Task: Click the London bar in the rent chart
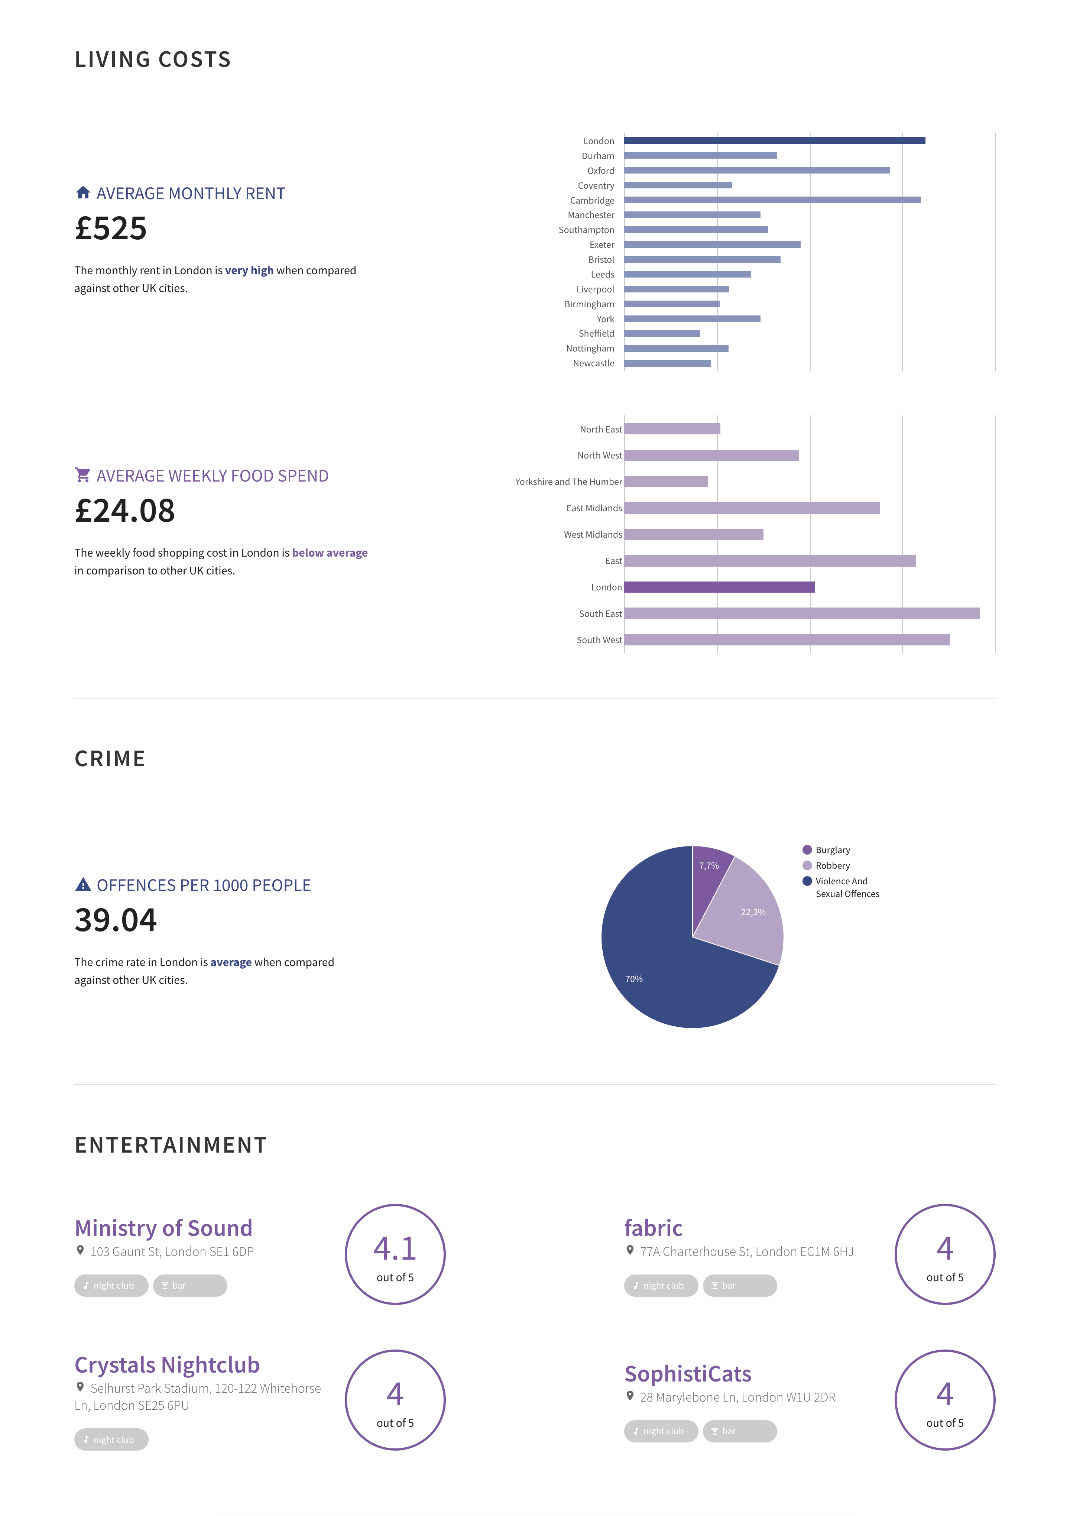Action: pos(774,141)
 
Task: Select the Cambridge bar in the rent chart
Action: pos(772,200)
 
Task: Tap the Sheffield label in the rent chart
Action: pos(596,333)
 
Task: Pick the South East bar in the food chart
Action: pos(801,613)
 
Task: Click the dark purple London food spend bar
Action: pos(719,587)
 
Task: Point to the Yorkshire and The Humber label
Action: pos(568,482)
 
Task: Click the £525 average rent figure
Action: pos(111,229)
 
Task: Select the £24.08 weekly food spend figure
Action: pos(125,511)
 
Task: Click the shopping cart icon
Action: pos(82,475)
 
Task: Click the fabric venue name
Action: pos(653,1228)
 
